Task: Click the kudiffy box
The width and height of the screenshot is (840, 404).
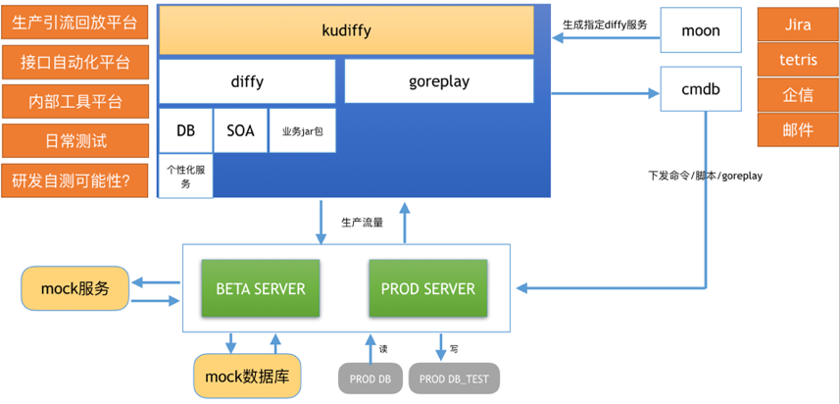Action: click(346, 30)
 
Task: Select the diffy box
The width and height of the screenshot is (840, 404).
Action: click(247, 81)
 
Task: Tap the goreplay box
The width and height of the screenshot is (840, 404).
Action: click(438, 81)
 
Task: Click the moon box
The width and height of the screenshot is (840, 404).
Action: click(700, 30)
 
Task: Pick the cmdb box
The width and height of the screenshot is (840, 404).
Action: click(700, 90)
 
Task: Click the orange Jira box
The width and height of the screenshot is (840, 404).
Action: click(798, 25)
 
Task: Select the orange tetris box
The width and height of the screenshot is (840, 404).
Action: click(798, 60)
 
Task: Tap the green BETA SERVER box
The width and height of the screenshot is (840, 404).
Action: click(260, 288)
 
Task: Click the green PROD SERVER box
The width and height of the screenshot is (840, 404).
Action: click(427, 288)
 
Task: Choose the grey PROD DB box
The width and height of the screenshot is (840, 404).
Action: click(370, 379)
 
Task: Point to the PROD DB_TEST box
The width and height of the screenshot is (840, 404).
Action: click(454, 379)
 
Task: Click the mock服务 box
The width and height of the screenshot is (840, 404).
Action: click(74, 288)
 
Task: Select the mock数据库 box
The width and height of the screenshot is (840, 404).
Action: click(247, 376)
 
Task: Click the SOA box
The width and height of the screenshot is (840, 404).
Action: click(240, 130)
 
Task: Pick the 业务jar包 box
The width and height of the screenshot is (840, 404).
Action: click(302, 130)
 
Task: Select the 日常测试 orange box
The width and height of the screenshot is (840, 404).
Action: click(74, 141)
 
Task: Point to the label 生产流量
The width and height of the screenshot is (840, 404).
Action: click(362, 223)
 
